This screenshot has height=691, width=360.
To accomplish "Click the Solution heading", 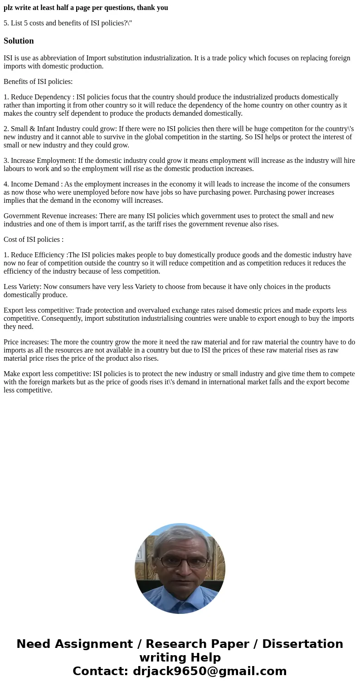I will (x=19, y=41).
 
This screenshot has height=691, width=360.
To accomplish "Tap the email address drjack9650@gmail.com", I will (x=209, y=671).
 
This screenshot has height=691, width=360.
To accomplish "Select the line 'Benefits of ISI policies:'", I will (x=38, y=82).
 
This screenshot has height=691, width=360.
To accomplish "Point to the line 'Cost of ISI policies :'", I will (x=34, y=240).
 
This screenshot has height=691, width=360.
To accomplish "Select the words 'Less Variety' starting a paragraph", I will (x=22, y=287).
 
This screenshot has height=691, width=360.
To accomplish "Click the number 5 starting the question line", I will (x=5, y=23).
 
